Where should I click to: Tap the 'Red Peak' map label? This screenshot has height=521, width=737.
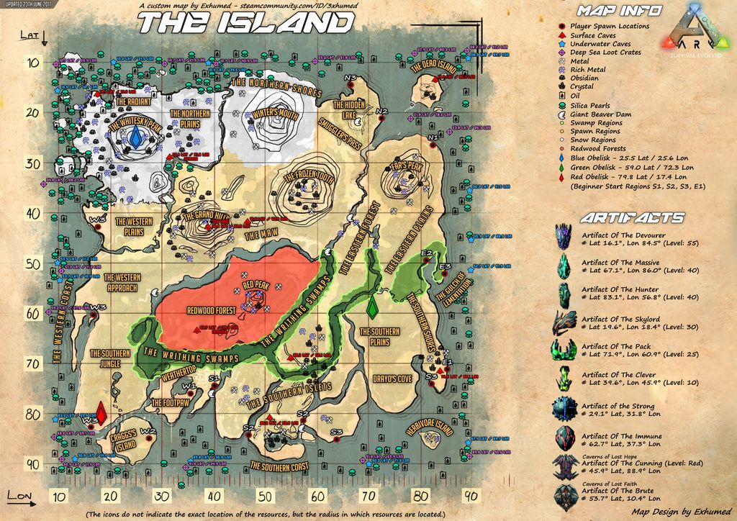click(256, 285)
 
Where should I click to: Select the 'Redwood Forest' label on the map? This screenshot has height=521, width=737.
click(211, 312)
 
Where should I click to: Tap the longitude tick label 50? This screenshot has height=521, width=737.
click(265, 496)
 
